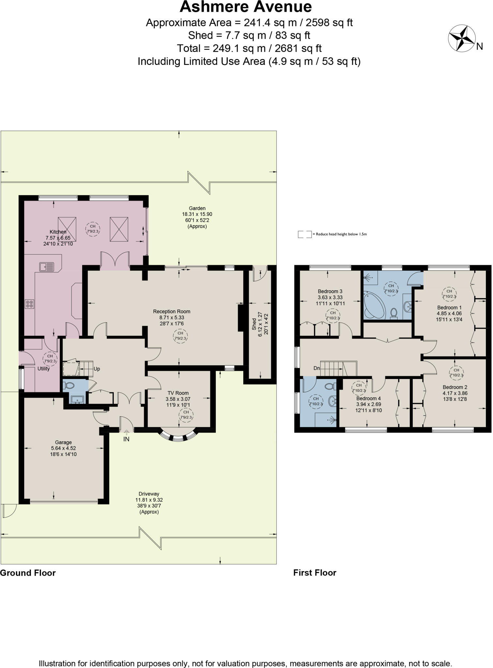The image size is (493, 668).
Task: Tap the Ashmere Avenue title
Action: [246, 7]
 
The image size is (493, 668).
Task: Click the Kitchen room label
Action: [58, 232]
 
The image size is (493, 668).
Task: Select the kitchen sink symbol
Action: [47, 267]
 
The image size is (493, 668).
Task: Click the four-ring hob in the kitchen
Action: [29, 304]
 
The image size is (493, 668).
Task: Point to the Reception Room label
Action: [172, 311]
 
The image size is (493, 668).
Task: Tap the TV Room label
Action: [178, 393]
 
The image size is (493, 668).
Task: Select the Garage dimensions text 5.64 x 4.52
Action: [63, 448]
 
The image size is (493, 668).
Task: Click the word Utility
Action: [43, 369]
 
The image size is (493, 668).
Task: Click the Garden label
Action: [197, 208]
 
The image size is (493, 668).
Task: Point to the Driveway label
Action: [149, 494]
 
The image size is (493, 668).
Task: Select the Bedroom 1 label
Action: [449, 308]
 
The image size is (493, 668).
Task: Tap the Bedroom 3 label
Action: [330, 291]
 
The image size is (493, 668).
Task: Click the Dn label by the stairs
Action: [317, 368]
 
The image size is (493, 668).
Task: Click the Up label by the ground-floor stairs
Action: [97, 369]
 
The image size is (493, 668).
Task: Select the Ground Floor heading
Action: [28, 573]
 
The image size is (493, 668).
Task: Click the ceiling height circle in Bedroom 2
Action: [456, 372]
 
